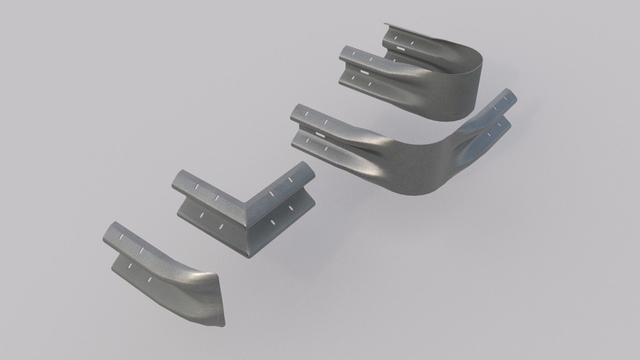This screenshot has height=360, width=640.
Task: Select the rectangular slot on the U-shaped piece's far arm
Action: (400, 49)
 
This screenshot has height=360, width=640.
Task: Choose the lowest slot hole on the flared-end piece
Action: (150, 279)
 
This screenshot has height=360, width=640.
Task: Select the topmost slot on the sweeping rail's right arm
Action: (507, 99)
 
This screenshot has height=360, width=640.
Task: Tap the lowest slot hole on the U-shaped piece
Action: (369, 84)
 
